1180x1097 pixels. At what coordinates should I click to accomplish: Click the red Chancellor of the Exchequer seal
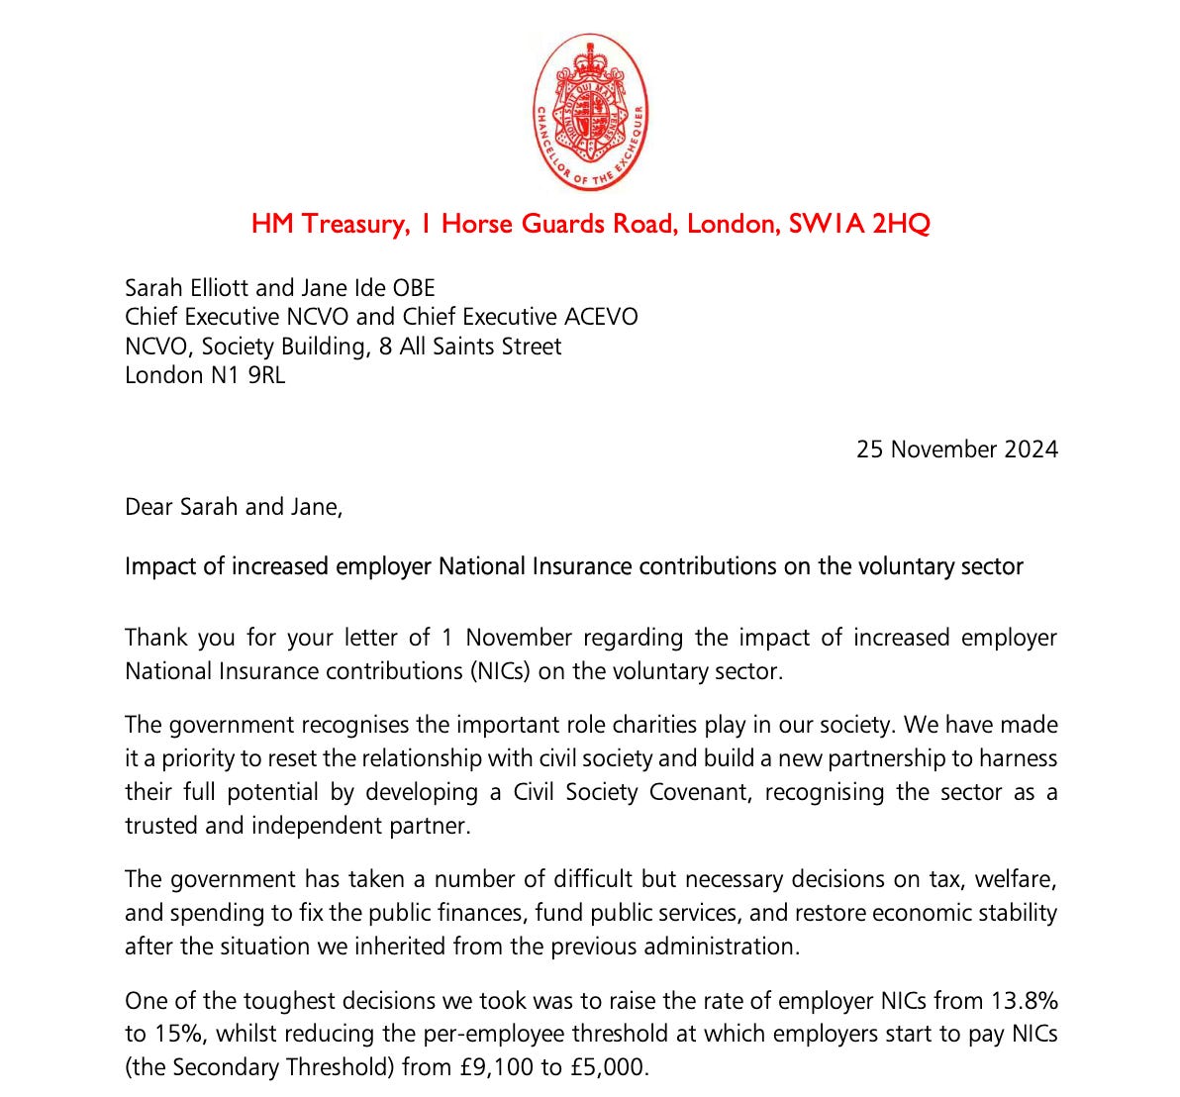[590, 111]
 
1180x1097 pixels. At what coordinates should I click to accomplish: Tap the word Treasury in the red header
[351, 224]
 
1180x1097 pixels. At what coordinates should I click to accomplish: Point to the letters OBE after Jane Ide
[413, 288]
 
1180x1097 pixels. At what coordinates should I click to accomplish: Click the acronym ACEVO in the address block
[601, 317]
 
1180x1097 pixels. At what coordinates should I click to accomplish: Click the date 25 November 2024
[956, 449]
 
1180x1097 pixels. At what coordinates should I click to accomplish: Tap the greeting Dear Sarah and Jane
[234, 508]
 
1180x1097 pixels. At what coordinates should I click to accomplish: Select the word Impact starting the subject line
[159, 566]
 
